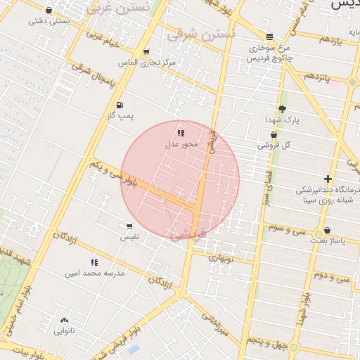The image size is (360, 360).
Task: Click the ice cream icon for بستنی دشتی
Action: coord(49,11)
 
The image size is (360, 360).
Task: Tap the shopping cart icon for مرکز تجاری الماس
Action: coord(146,52)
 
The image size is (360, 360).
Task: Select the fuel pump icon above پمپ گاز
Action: coord(120,104)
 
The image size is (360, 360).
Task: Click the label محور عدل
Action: coord(182,144)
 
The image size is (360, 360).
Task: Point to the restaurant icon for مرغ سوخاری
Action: coord(270,37)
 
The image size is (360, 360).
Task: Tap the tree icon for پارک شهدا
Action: coord(282,109)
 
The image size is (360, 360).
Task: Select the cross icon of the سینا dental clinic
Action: coord(328,179)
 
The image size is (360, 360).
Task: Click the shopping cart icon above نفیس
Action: coord(129,226)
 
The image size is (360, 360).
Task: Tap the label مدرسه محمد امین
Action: coord(94,273)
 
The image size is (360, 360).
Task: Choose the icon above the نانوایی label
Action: coord(65,320)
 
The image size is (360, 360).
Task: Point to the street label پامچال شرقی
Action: coord(93,79)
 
